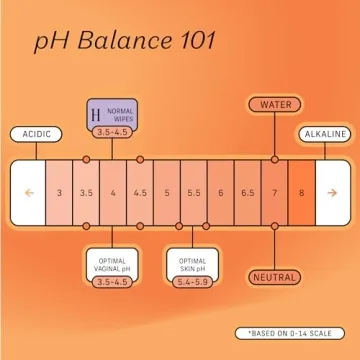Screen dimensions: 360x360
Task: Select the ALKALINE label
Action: (x=325, y=133)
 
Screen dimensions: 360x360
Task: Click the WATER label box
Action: (x=274, y=104)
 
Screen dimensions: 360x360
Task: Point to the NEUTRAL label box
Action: (x=274, y=276)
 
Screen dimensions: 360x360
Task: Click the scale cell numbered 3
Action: (x=60, y=191)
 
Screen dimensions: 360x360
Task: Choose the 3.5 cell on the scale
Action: (x=87, y=191)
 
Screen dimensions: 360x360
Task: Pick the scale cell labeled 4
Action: (x=113, y=191)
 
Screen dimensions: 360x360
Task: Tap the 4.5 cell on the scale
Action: (x=140, y=191)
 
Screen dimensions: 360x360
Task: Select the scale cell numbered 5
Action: (x=167, y=191)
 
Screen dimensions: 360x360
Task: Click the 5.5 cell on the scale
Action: (x=194, y=191)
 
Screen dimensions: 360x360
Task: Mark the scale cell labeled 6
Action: (x=220, y=191)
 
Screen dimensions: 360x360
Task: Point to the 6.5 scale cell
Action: (x=247, y=191)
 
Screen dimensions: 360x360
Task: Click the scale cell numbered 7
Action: (x=274, y=191)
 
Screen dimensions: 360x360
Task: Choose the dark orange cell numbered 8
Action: (x=300, y=191)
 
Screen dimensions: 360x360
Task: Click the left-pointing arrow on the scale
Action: (x=30, y=191)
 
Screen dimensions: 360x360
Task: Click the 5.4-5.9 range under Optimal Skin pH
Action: (x=193, y=282)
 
